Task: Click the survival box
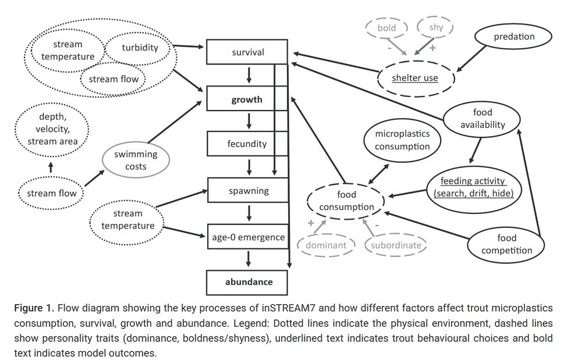(x=247, y=52)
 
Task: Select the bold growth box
(x=247, y=99)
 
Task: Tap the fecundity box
(x=247, y=144)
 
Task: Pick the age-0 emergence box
(x=247, y=237)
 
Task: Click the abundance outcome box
(x=249, y=282)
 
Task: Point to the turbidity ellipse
(x=140, y=48)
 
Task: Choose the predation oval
(x=514, y=37)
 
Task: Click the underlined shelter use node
(x=415, y=77)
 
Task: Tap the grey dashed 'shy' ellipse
(x=435, y=27)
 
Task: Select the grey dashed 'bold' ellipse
(x=386, y=27)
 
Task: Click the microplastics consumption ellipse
(x=402, y=140)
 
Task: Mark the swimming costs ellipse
(x=135, y=161)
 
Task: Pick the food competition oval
(x=506, y=244)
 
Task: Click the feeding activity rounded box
(x=473, y=187)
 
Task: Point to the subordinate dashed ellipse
(x=396, y=245)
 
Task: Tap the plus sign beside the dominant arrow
(x=310, y=223)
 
